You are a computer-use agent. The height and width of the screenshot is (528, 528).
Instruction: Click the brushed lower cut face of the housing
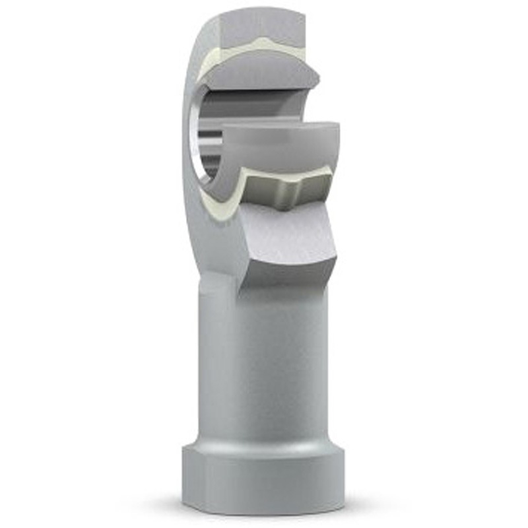click(x=290, y=238)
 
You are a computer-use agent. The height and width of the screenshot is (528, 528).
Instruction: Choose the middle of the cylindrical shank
click(x=264, y=370)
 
